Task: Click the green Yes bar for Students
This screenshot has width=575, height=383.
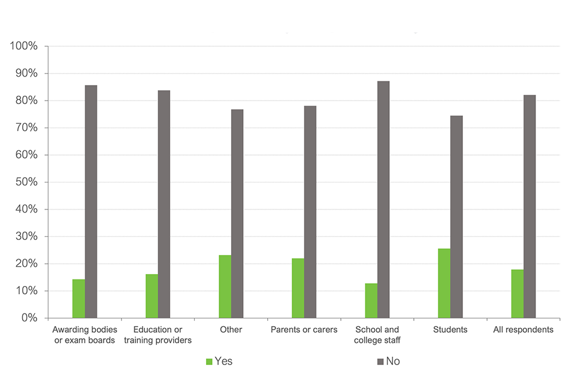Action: click(444, 283)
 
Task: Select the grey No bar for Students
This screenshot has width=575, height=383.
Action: click(456, 217)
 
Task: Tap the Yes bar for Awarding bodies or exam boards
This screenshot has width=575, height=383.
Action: click(78, 299)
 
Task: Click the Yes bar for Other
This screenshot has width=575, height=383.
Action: click(225, 287)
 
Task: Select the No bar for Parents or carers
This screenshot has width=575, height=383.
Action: click(310, 212)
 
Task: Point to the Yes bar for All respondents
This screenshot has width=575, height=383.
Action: click(517, 294)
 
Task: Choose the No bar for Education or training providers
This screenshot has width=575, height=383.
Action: click(164, 204)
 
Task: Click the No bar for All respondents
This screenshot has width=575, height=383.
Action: click(529, 206)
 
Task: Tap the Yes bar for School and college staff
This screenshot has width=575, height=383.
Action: click(371, 300)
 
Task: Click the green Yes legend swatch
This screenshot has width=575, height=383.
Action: click(208, 361)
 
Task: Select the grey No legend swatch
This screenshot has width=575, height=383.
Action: click(381, 361)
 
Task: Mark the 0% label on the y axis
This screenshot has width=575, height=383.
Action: click(29, 318)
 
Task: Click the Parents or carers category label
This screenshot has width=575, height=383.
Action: click(304, 330)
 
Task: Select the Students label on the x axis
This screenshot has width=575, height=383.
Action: click(450, 330)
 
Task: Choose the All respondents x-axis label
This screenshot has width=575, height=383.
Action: click(523, 330)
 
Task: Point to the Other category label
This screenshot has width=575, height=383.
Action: click(231, 330)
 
